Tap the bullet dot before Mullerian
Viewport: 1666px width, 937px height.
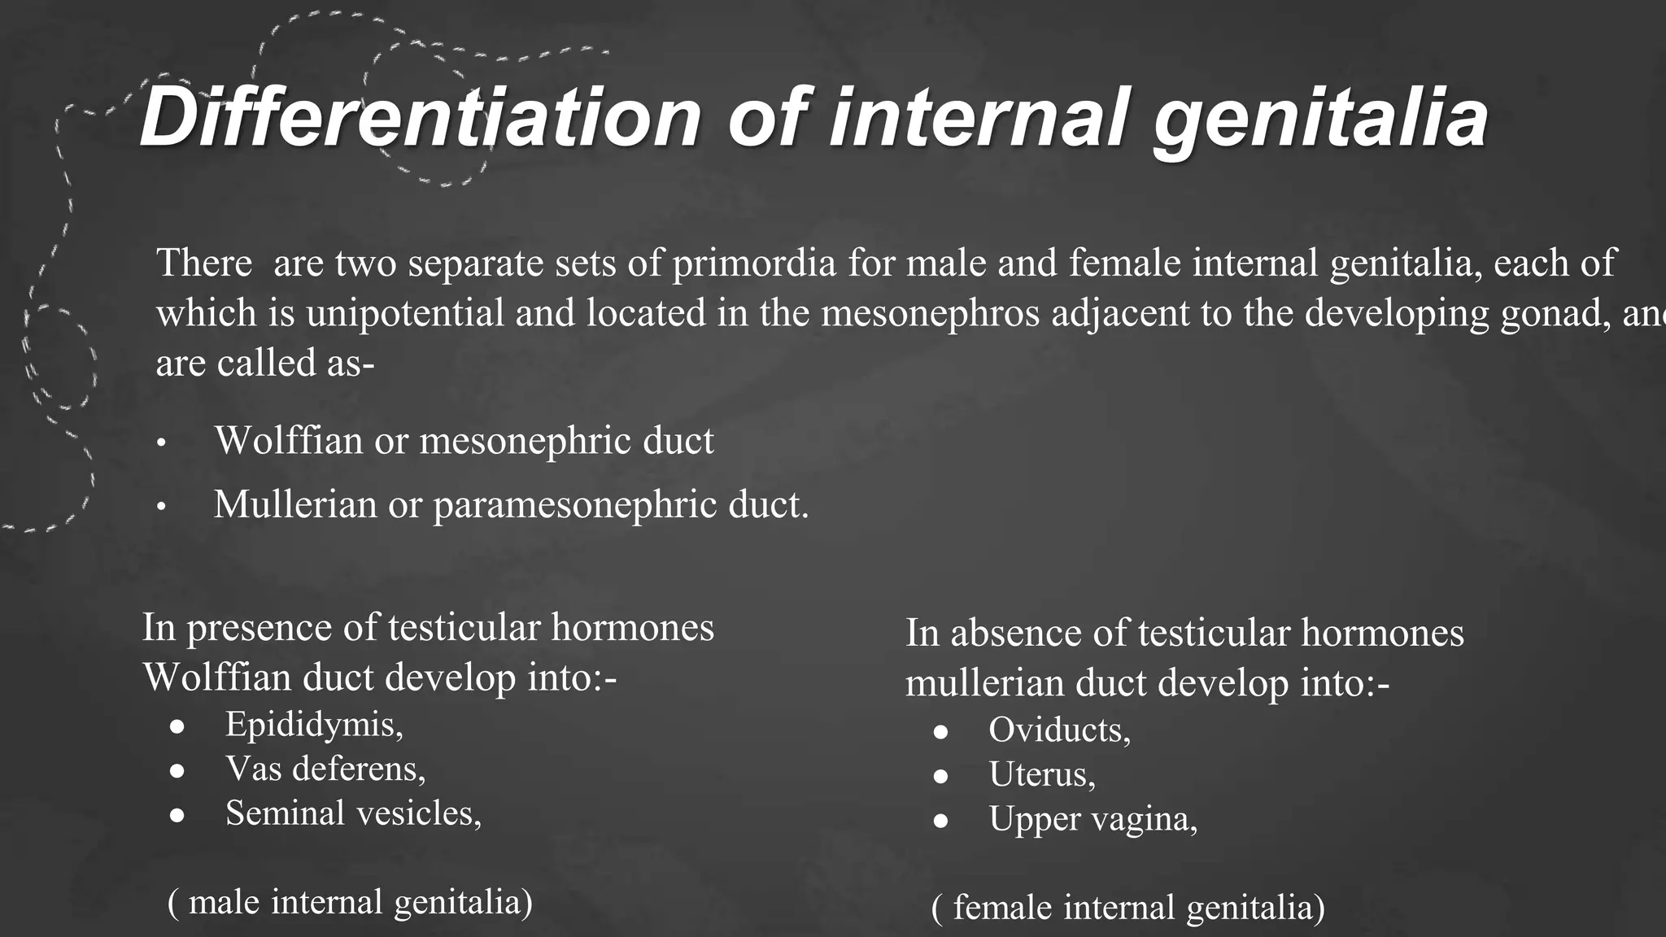161,508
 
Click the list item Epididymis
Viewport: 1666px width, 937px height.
314,725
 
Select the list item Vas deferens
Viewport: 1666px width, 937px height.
325,769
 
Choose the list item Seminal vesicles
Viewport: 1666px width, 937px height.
353,813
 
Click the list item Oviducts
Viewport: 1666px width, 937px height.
1059,730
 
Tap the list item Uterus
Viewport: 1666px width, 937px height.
1042,774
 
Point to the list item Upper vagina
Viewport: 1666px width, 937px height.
1092,819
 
